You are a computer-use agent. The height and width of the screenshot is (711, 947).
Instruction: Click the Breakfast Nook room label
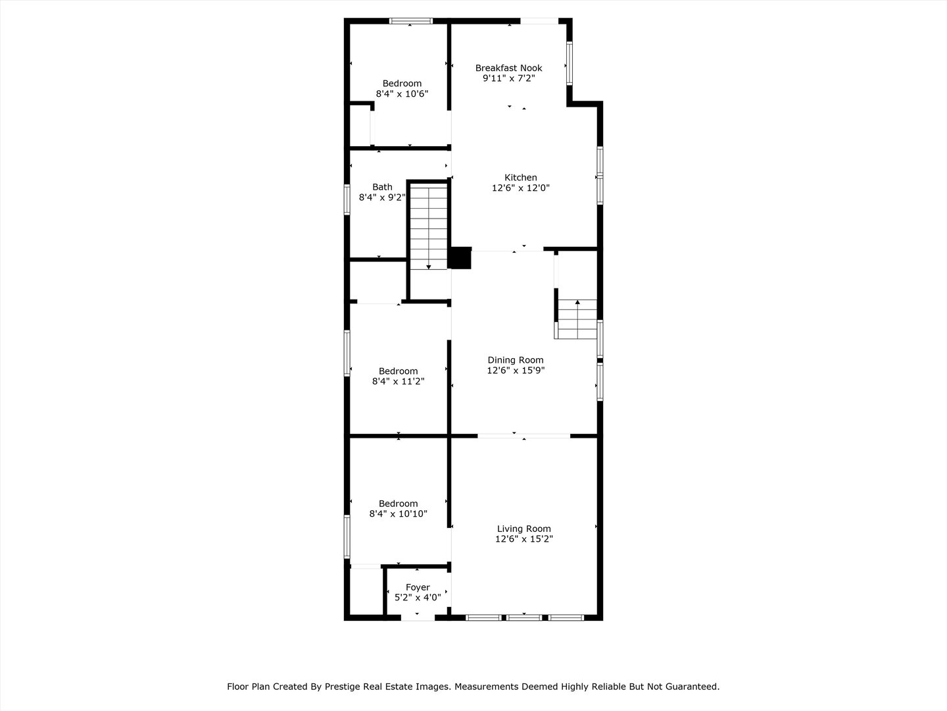click(508, 68)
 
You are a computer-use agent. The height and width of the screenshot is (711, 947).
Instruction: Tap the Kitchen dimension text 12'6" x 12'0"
click(520, 188)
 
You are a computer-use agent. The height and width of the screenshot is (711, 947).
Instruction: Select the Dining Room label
click(515, 359)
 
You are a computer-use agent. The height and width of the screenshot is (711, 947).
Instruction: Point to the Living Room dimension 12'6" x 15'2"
click(523, 539)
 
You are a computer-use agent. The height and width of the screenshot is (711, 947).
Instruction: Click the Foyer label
click(418, 587)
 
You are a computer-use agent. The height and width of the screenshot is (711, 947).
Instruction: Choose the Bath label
click(382, 187)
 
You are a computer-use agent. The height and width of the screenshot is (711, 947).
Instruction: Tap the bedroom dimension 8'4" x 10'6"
click(402, 94)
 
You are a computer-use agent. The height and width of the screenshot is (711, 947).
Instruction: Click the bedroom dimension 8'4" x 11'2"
click(398, 381)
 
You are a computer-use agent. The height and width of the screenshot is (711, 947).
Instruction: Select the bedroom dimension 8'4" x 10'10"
click(398, 514)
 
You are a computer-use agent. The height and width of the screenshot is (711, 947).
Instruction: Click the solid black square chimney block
click(460, 258)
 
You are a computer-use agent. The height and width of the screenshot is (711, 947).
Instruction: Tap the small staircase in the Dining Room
click(577, 319)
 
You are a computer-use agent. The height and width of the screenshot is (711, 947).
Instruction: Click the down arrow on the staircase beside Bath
click(429, 266)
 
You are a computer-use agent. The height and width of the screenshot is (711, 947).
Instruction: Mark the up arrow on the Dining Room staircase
click(577, 303)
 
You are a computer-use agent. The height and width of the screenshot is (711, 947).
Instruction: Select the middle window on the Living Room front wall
click(524, 618)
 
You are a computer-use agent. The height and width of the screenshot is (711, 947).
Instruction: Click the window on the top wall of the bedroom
click(410, 21)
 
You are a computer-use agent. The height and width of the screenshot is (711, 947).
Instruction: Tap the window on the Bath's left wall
click(347, 199)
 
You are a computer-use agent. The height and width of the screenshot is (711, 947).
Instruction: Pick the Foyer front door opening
click(418, 618)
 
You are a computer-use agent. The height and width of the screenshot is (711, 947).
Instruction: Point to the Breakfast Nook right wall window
click(570, 63)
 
